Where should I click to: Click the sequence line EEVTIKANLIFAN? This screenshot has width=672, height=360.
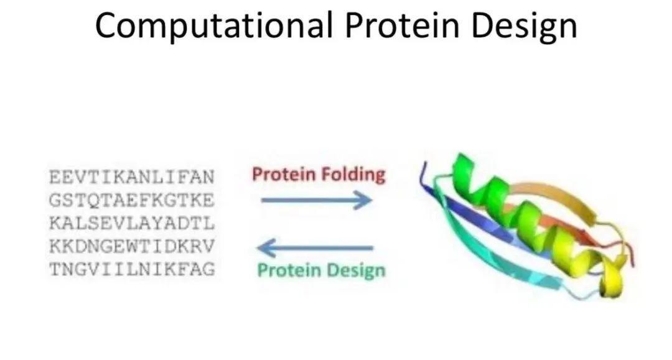click(x=131, y=177)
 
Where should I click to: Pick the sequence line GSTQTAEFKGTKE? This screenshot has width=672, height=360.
click(x=131, y=200)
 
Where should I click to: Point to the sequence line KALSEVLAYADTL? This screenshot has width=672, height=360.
click(x=131, y=223)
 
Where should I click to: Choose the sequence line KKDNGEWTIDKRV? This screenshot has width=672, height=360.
click(x=131, y=246)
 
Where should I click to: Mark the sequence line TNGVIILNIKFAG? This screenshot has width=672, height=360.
click(x=131, y=269)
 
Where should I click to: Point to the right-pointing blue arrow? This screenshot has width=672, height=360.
click(x=316, y=200)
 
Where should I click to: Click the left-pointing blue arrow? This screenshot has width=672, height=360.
click(x=315, y=248)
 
